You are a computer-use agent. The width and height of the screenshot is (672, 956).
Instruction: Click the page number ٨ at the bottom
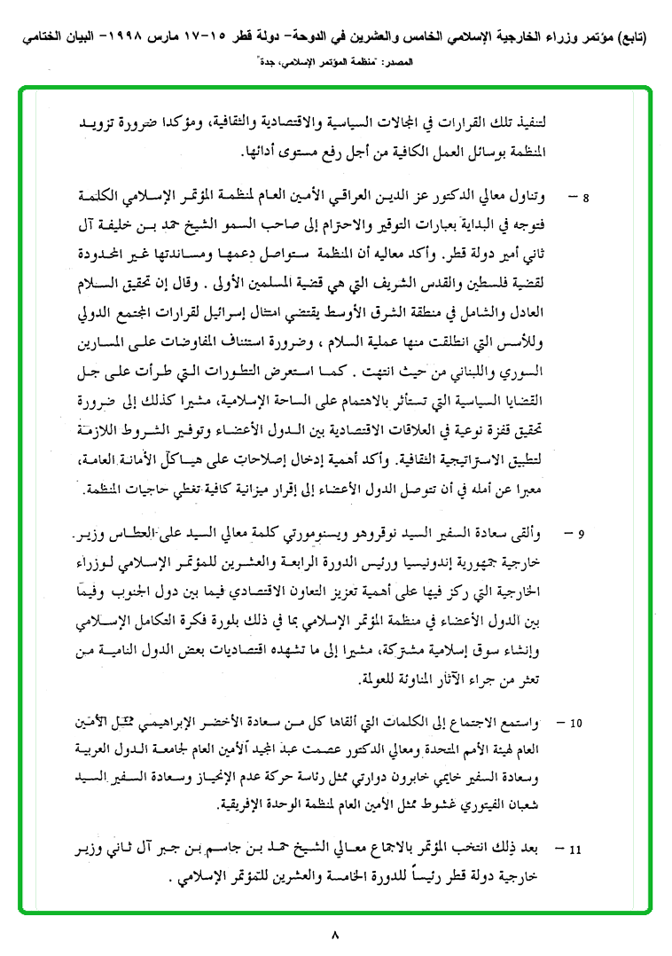[x=335, y=934]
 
